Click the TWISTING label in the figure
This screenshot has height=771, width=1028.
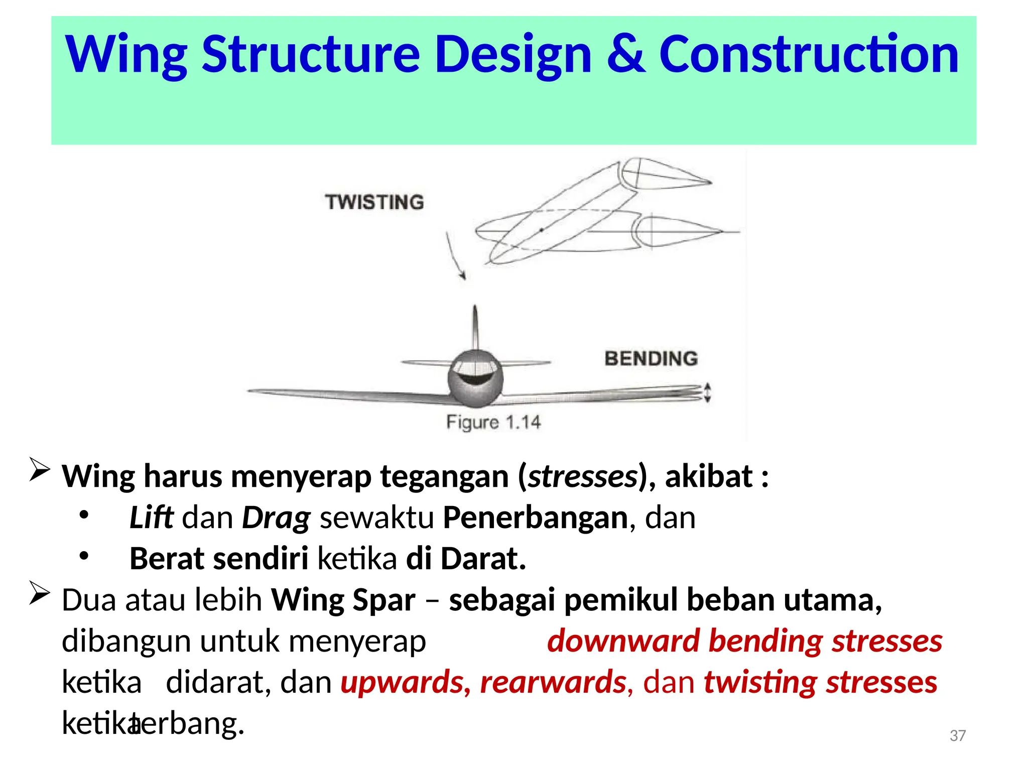[374, 202]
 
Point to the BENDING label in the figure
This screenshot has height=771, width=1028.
[651, 358]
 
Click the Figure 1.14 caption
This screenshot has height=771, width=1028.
[493, 422]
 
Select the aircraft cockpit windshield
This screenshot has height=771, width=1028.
[475, 371]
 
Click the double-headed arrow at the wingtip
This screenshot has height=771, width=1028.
[707, 393]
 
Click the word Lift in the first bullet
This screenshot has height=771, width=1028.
[151, 518]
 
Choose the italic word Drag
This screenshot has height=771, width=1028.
[276, 519]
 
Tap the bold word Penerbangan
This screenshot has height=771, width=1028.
[535, 518]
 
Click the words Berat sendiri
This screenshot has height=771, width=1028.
[219, 559]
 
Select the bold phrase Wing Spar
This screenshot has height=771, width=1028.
[343, 600]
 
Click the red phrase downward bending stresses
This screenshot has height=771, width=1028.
[745, 641]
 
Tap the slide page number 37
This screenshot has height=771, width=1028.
[957, 736]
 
